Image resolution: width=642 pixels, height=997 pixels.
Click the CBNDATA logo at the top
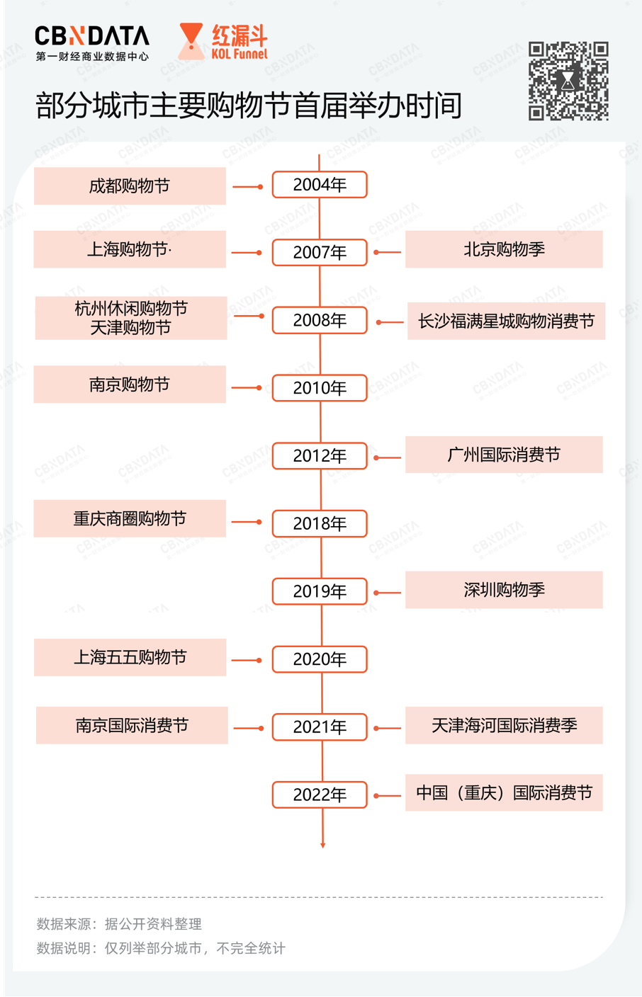(92, 42)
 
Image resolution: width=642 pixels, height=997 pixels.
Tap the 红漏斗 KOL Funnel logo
(223, 41)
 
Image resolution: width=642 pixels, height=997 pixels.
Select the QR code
(568, 81)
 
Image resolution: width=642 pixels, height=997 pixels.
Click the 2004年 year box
(320, 185)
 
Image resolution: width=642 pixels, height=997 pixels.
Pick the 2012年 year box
(320, 456)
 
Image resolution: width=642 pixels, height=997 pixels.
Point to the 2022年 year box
(320, 794)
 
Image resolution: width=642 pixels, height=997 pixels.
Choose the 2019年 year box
(320, 591)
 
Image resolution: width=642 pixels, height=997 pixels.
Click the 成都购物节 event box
(130, 186)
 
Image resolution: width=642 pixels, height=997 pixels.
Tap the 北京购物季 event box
(504, 249)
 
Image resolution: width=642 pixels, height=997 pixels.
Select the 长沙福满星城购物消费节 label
(506, 321)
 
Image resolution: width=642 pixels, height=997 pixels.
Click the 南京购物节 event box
(130, 384)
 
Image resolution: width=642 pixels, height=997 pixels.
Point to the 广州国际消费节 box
(504, 455)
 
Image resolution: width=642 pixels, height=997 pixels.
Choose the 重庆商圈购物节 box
(130, 518)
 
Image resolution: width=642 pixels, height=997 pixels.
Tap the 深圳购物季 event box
(504, 590)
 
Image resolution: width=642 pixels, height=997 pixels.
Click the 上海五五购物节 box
(130, 657)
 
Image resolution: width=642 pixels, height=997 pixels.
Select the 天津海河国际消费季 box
(504, 726)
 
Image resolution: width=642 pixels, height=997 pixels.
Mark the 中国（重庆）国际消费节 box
(504, 792)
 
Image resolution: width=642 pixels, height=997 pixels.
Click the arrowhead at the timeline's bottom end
(323, 845)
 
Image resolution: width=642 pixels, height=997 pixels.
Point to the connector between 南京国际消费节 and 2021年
(249, 728)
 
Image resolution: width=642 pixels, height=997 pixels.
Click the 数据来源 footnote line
(119, 924)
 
